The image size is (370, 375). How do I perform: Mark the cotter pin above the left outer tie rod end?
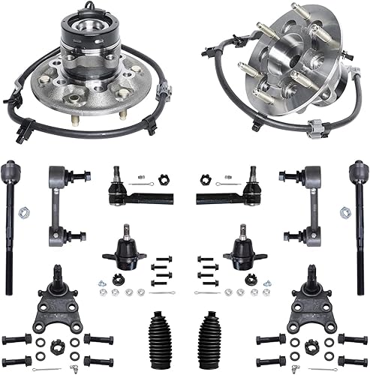pyautogui.click(x=146, y=180)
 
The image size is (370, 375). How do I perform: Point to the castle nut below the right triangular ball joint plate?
pyautogui.click(x=308, y=344)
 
